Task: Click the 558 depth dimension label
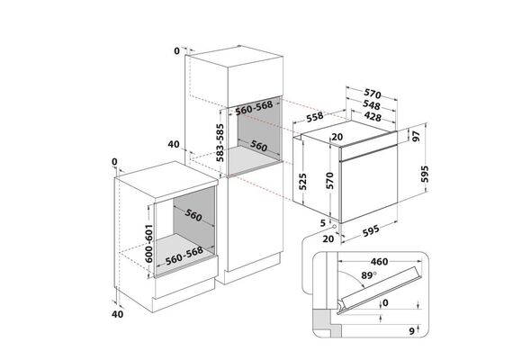coord(315,117)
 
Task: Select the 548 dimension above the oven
coord(372,104)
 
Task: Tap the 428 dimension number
coord(373,116)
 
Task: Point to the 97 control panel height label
coord(416,136)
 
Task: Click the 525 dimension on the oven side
coord(302,181)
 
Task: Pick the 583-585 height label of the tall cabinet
coord(220,143)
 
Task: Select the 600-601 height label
coord(148,244)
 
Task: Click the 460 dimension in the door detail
coord(379,262)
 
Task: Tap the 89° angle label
coord(369,275)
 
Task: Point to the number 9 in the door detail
coord(411,331)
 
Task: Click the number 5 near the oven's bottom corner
coord(323,223)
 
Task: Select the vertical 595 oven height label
coord(425,174)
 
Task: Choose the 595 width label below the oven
coord(372,230)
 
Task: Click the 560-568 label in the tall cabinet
coord(254,108)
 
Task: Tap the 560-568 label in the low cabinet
coord(184,256)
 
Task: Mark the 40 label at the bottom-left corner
coord(118,314)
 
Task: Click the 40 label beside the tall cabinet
coord(174,144)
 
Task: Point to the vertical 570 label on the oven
coord(329,181)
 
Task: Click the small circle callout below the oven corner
coord(334,226)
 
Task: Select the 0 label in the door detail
coord(385,303)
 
